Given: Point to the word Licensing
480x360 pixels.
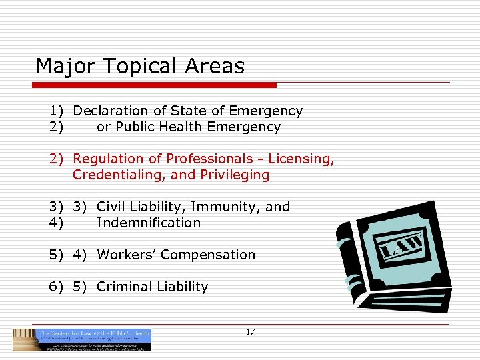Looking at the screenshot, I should tap(303, 159).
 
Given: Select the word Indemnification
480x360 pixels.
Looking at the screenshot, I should tap(148, 223).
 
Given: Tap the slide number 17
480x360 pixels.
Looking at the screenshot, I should tap(251, 332).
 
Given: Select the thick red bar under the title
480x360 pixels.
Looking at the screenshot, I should tap(155, 85).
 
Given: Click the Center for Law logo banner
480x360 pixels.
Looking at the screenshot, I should tap(82, 339).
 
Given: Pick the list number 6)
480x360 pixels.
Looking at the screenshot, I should tap(56, 287).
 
